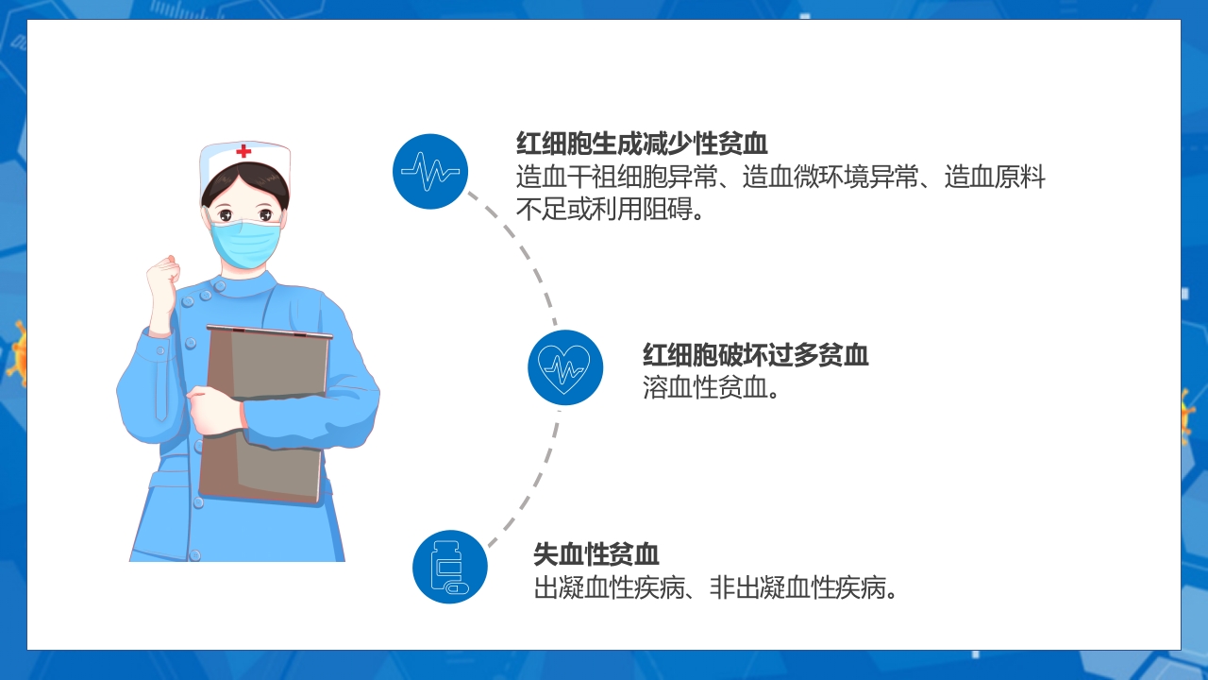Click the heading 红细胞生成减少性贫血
point(642,144)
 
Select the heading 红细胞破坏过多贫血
point(755,355)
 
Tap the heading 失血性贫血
point(596,554)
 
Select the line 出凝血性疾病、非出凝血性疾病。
point(715,588)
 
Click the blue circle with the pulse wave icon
point(430,171)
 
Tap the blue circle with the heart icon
point(564,367)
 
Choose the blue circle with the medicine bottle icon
point(450,567)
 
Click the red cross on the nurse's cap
point(244,151)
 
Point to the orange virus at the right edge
point(1186,416)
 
